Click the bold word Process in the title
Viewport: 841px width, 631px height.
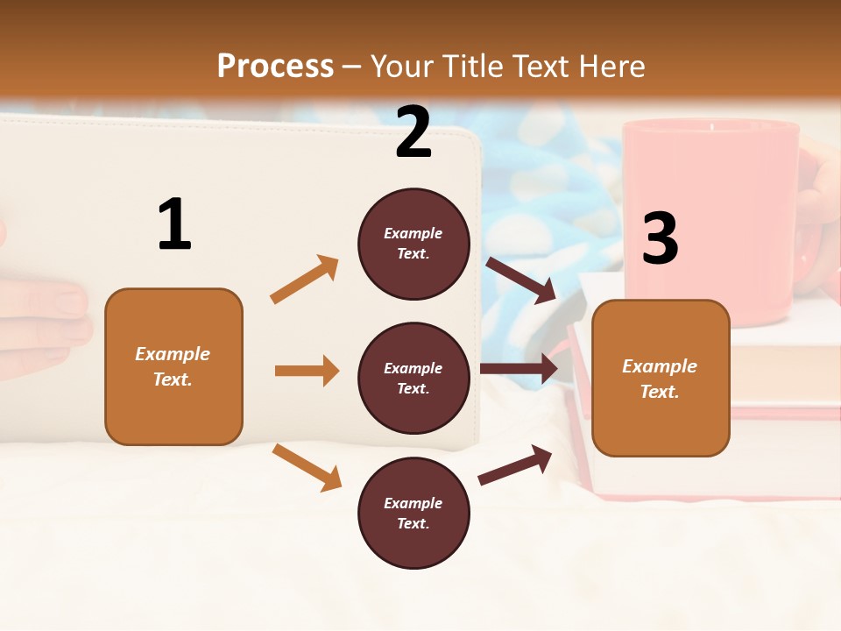coord(275,67)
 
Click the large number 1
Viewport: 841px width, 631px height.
coord(174,224)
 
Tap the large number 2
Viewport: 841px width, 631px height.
coord(413,132)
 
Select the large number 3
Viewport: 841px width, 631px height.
coord(660,238)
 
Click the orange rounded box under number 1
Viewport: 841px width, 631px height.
coord(173,366)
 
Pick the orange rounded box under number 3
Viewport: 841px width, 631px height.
coord(661,378)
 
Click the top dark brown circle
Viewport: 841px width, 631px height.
coord(413,244)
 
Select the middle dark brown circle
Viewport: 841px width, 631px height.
coord(413,378)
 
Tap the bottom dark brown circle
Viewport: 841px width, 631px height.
coord(413,513)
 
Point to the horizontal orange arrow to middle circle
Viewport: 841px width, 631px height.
coord(307,371)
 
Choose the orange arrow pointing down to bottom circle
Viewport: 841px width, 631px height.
coord(307,466)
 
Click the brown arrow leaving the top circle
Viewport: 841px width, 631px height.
coord(522,280)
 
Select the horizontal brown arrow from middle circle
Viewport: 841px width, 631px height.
coord(519,368)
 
